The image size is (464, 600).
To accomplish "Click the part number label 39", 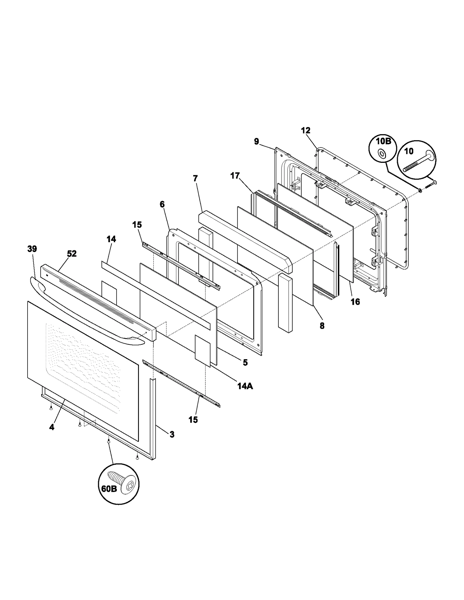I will [32, 249].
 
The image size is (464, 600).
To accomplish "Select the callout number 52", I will [72, 254].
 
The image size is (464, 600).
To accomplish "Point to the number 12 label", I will [306, 130].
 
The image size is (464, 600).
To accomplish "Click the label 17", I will [235, 176].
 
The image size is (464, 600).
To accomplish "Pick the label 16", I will [355, 302].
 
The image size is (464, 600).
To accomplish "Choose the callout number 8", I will [322, 326].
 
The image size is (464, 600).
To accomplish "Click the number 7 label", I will [195, 178].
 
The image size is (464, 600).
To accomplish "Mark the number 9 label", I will [256, 141].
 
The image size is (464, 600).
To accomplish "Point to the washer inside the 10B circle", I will [382, 154].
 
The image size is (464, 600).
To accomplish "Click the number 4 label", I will [52, 427].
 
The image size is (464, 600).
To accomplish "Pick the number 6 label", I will [162, 204].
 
